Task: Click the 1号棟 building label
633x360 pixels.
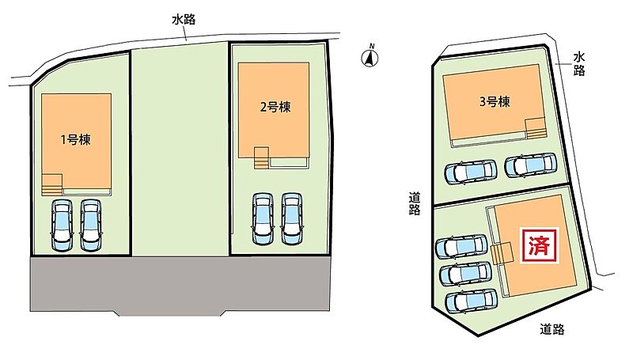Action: tap(75, 139)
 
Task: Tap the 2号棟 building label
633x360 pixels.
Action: tap(275, 107)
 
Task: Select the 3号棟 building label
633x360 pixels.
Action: tap(495, 102)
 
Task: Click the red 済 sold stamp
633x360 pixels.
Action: tap(540, 246)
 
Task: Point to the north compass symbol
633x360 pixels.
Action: tap(370, 57)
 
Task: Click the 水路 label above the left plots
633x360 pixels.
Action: tap(184, 19)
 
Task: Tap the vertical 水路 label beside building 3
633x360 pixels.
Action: tap(579, 64)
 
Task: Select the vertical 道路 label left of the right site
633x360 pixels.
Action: tap(414, 204)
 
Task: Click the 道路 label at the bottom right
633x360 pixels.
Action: tap(552, 329)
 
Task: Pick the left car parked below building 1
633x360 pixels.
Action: tap(63, 225)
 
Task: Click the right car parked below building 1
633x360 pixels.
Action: tap(91, 225)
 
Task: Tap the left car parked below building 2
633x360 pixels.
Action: tap(263, 218)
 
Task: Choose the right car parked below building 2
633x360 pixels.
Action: tap(292, 218)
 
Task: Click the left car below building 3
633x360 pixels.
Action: tap(471, 172)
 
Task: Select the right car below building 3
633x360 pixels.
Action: tap(531, 165)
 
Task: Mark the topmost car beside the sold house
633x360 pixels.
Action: tap(461, 246)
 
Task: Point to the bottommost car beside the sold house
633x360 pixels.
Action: tap(471, 301)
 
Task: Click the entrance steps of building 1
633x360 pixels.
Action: tap(51, 185)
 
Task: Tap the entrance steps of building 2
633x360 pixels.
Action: tap(262, 157)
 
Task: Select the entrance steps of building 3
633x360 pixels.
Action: tap(535, 129)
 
